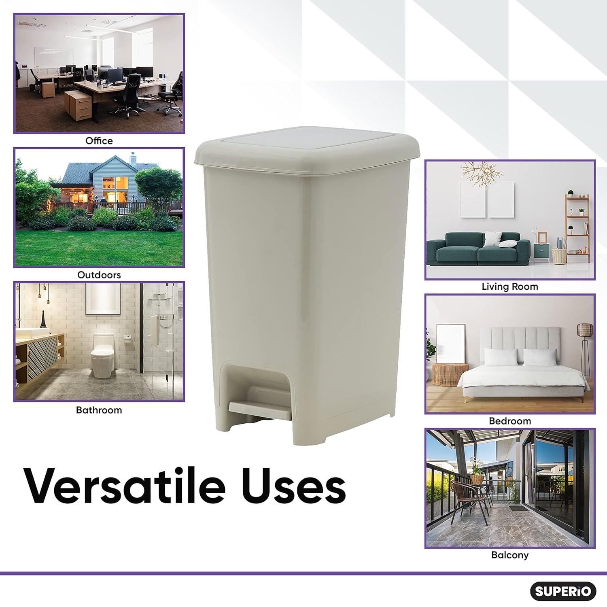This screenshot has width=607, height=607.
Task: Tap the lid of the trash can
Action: pyautogui.click(x=308, y=152)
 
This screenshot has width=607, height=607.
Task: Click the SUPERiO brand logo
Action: pyautogui.click(x=563, y=591)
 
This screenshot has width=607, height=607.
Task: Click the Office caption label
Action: pyautogui.click(x=99, y=141)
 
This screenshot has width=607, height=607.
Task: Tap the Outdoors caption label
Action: pyautogui.click(x=99, y=275)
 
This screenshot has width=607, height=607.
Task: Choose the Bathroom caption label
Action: pyautogui.click(x=99, y=410)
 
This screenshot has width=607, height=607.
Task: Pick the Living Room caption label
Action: pyautogui.click(x=510, y=287)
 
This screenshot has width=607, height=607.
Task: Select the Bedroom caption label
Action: pyautogui.click(x=510, y=421)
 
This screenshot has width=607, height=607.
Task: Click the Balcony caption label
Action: pyautogui.click(x=510, y=555)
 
